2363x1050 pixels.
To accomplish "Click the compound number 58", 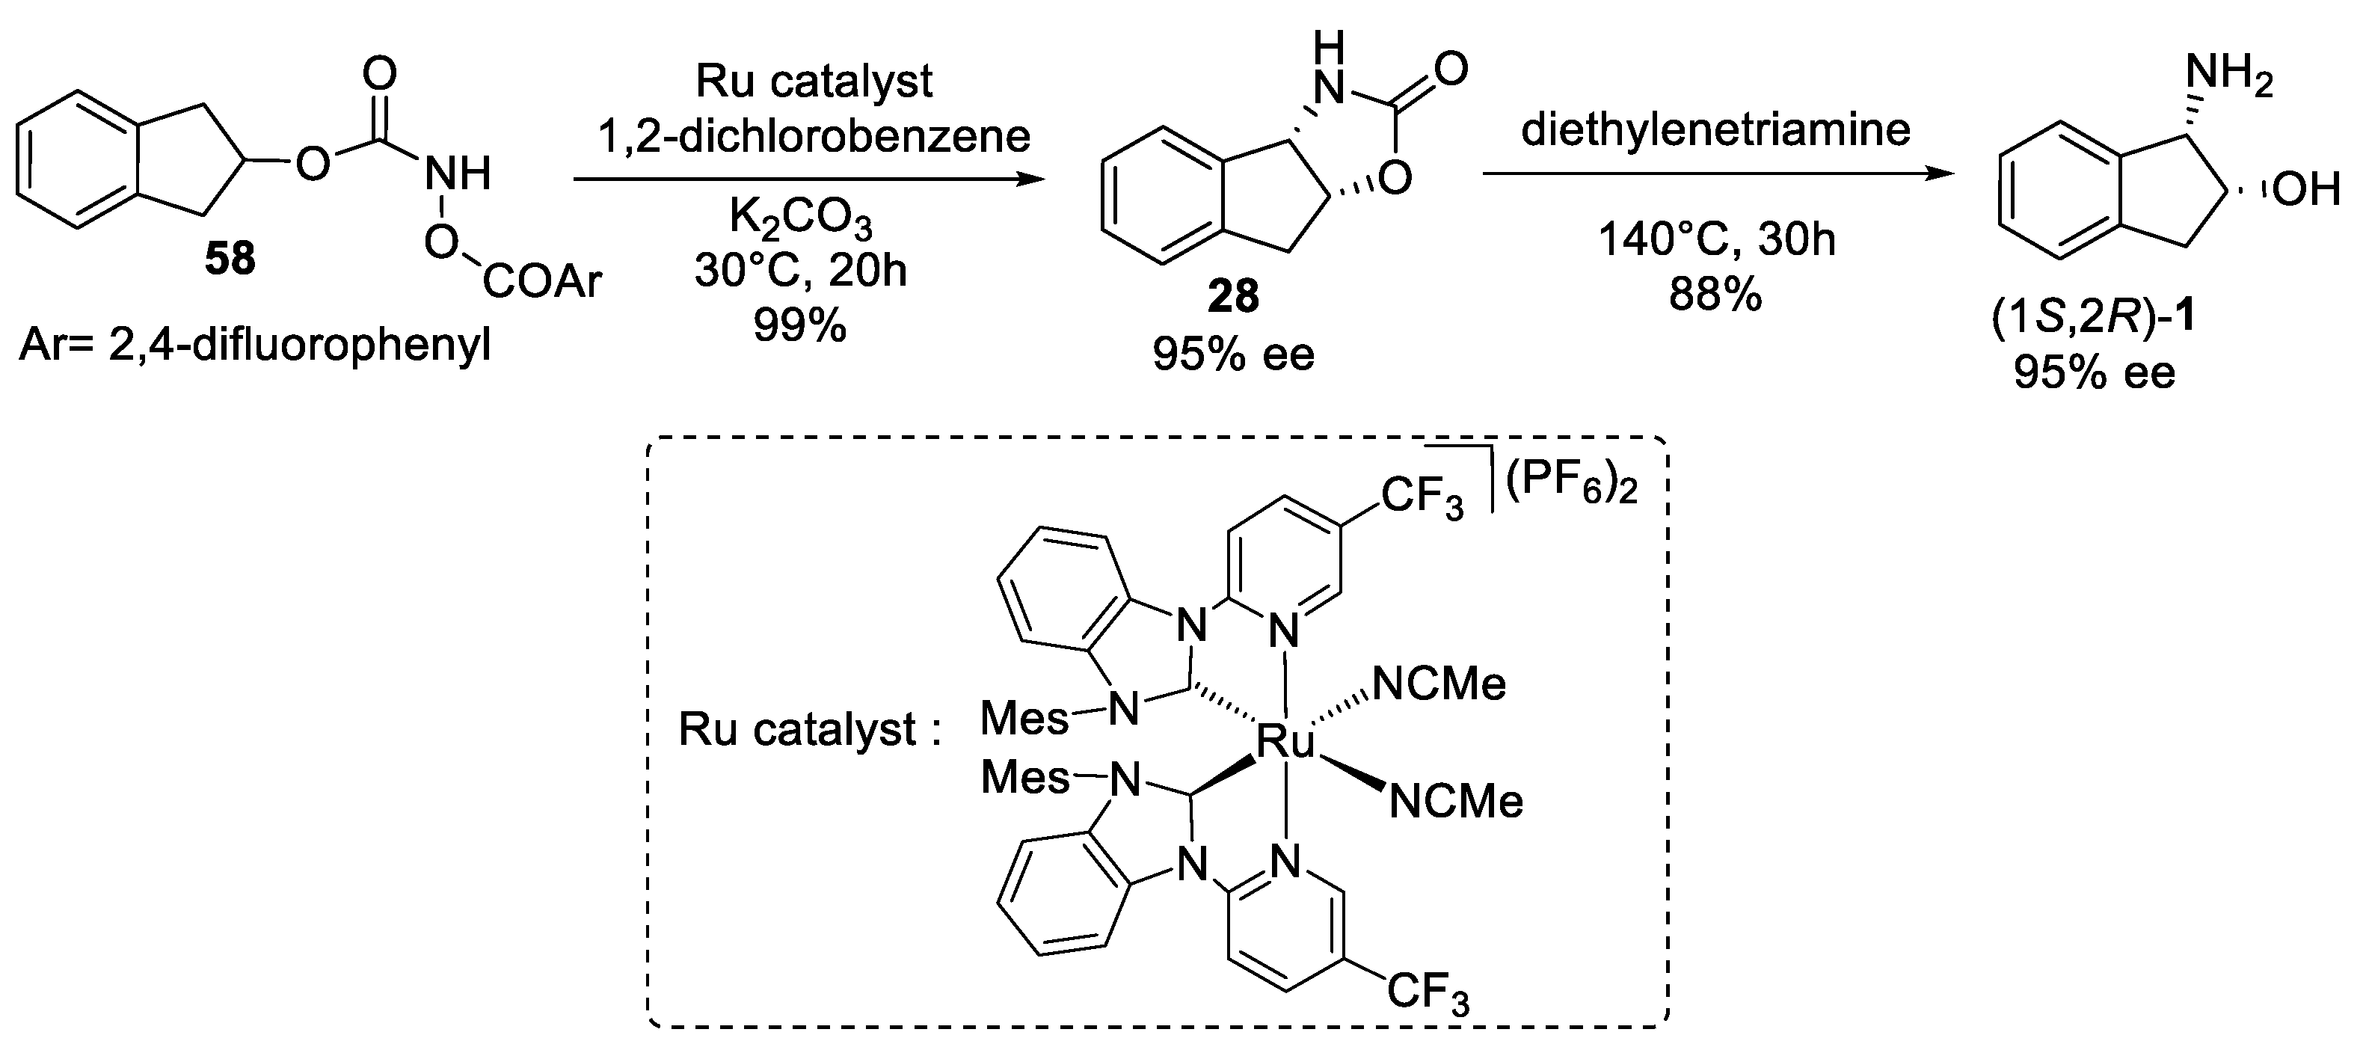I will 230,259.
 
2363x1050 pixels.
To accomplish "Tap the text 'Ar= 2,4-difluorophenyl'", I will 254,349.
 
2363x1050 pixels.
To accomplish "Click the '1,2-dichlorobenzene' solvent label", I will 814,137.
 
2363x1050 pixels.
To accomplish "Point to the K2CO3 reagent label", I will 800,218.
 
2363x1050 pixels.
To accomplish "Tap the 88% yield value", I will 1715,296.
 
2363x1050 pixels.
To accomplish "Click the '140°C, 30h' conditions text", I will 1715,240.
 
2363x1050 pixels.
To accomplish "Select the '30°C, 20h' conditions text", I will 800,271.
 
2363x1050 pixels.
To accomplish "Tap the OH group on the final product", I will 2308,191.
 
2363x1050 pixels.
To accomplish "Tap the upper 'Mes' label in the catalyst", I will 1024,718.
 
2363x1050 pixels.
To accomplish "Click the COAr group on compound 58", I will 542,281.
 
